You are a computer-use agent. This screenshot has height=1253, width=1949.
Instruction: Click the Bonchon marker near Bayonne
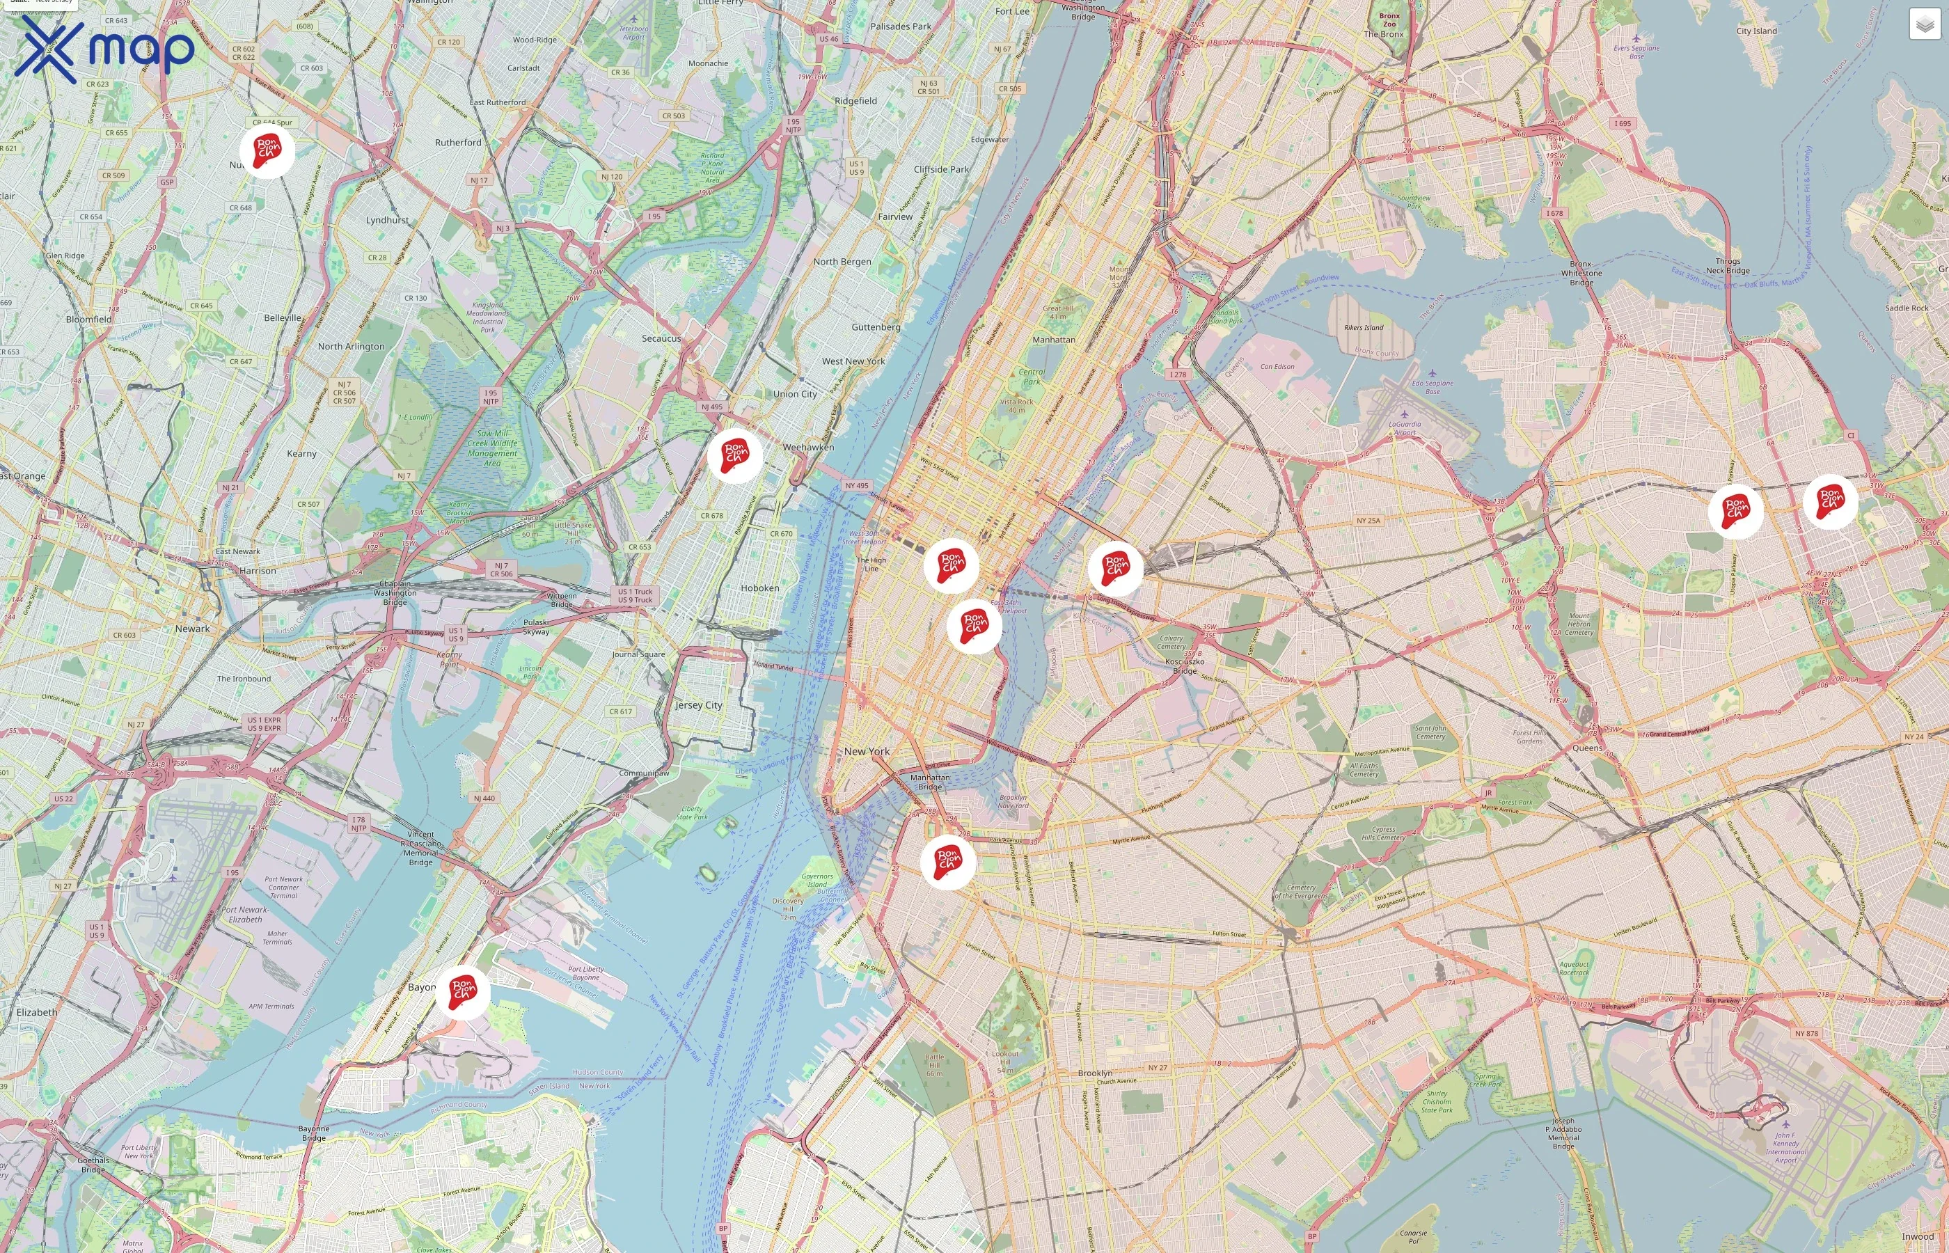[462, 993]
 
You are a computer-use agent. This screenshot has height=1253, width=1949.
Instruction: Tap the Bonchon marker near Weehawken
[734, 456]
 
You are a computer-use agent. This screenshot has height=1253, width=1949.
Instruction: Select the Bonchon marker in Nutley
[267, 150]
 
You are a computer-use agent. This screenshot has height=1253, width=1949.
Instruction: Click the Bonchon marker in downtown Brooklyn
[947, 862]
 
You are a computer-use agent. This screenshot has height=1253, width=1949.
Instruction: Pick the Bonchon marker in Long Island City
[1115, 568]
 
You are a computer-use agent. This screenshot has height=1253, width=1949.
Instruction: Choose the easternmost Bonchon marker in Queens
[1830, 501]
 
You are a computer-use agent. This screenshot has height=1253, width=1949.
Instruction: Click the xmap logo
[104, 50]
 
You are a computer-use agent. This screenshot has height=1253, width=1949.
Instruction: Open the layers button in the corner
[1924, 24]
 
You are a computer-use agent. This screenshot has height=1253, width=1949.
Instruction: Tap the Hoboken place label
[759, 588]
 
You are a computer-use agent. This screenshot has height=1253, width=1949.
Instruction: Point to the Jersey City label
[698, 704]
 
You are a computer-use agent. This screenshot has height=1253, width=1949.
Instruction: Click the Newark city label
[192, 628]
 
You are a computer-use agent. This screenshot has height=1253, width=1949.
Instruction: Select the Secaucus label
[661, 338]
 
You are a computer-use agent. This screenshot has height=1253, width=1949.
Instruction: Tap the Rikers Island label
[1364, 328]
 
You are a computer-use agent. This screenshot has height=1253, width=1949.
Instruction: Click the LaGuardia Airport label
[1405, 428]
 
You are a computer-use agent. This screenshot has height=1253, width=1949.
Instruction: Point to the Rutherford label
[458, 143]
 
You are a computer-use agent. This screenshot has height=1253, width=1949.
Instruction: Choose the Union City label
[795, 394]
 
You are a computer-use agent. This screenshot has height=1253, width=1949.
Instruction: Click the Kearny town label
[302, 453]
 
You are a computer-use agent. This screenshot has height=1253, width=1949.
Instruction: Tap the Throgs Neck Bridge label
[1728, 265]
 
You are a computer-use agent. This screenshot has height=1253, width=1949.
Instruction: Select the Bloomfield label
[88, 319]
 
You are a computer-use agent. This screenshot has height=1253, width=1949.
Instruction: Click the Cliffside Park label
[941, 169]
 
